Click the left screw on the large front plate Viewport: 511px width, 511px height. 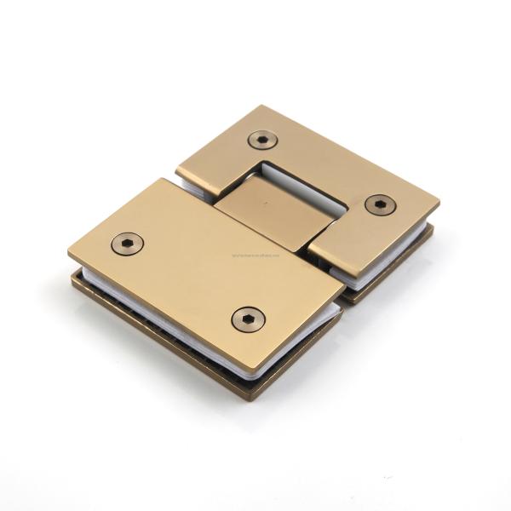pyautogui.click(x=127, y=244)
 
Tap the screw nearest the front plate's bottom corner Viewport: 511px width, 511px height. pyautogui.click(x=248, y=319)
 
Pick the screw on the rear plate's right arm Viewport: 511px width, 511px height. pyautogui.click(x=380, y=204)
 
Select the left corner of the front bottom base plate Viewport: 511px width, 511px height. pyautogui.click(x=72, y=278)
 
